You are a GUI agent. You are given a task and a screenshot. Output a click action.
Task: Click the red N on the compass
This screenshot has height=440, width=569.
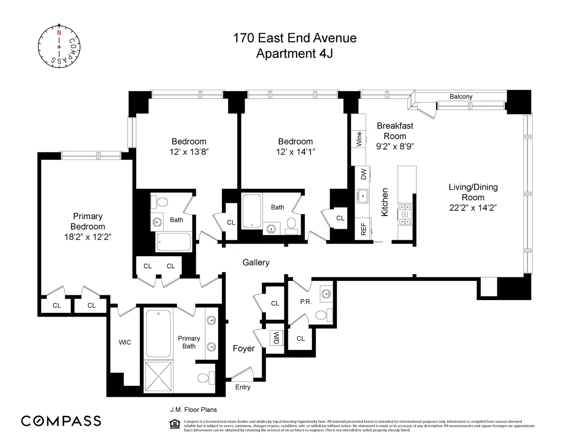pyautogui.click(x=59, y=33)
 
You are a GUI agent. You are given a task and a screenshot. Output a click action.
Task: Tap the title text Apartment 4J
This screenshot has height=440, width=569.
pyautogui.click(x=294, y=54)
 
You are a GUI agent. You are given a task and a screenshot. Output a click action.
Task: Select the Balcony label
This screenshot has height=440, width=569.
pyautogui.click(x=461, y=96)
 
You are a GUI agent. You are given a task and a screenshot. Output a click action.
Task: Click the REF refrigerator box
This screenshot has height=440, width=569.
pyautogui.click(x=364, y=230)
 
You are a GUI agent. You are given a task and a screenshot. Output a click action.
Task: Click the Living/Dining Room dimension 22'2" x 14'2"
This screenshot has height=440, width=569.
pyautogui.click(x=473, y=208)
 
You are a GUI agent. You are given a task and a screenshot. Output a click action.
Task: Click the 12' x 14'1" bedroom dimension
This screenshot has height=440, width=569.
pyautogui.click(x=295, y=152)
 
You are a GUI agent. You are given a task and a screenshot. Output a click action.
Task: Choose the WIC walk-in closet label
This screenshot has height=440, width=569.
pyautogui.click(x=124, y=342)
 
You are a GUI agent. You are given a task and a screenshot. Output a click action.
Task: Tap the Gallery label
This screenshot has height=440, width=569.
pyautogui.click(x=256, y=262)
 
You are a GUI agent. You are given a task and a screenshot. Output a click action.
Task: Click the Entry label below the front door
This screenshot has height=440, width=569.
pyautogui.click(x=243, y=387)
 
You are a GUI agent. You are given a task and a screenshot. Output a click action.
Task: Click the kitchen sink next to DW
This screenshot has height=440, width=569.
pyautogui.click(x=364, y=195)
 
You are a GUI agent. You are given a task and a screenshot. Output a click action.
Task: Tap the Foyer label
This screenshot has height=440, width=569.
pyautogui.click(x=243, y=348)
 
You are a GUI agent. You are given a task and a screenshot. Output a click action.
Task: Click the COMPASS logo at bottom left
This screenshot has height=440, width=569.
pyautogui.click(x=61, y=421)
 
